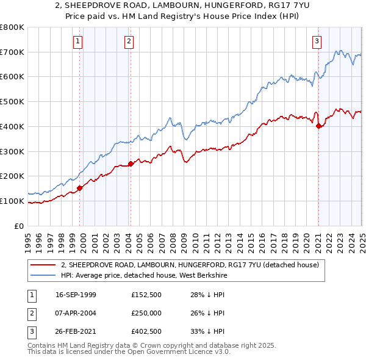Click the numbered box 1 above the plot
click(x=78, y=41)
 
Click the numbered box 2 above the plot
click(x=129, y=41)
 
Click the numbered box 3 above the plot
click(x=317, y=41)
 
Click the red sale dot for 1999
click(x=79, y=188)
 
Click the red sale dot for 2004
click(x=130, y=164)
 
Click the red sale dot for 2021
click(x=318, y=126)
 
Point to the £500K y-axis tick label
click(x=12, y=101)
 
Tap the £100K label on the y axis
click(x=12, y=201)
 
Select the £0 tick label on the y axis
click(x=18, y=226)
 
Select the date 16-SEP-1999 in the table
click(x=76, y=295)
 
